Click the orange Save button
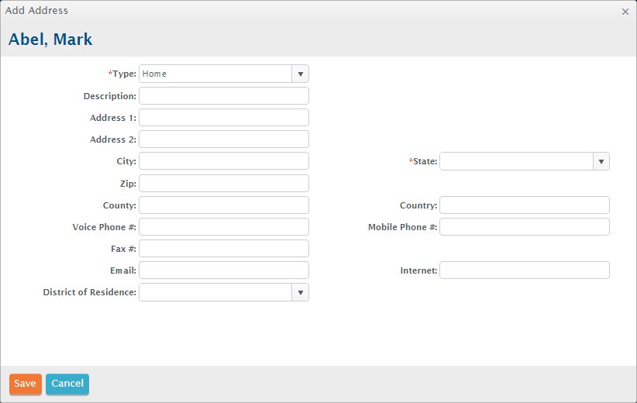26,384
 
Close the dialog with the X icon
625,12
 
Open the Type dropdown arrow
300,74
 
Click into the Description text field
224,96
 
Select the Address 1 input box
224,118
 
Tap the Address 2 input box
224,139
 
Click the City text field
224,161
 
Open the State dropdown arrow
601,161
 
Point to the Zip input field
224,183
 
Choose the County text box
224,205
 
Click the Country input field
525,205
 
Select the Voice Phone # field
224,226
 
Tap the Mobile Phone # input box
525,226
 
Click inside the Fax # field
224,249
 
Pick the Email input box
224,270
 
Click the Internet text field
525,270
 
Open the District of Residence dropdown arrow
300,292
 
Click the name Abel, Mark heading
50,40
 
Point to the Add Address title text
36,11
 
